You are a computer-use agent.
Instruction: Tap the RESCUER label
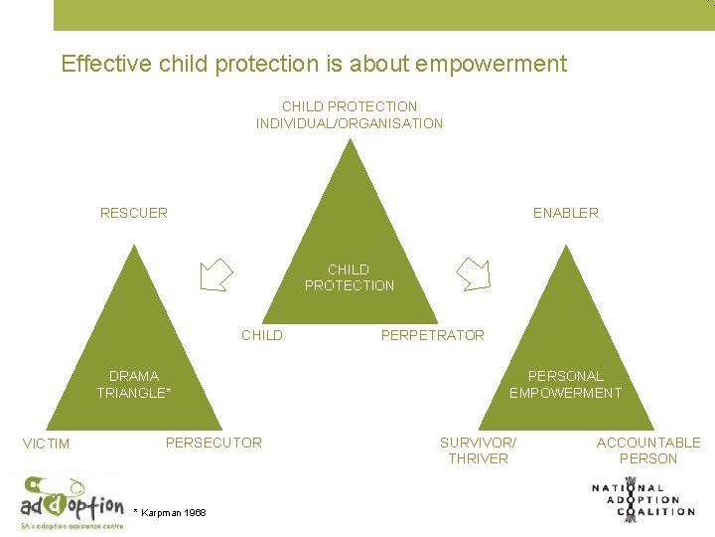[134, 213]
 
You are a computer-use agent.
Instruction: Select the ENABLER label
[565, 213]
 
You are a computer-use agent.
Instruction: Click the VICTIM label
[46, 444]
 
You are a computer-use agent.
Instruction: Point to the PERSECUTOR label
[214, 443]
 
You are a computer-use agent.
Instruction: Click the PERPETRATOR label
[433, 335]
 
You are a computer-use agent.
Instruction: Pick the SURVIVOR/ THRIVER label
[478, 450]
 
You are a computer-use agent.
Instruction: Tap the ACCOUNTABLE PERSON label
[647, 450]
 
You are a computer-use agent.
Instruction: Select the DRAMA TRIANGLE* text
[134, 384]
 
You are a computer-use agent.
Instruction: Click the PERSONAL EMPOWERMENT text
[565, 384]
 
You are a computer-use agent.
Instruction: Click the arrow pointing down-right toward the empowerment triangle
[473, 273]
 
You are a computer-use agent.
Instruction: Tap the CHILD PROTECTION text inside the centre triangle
[350, 277]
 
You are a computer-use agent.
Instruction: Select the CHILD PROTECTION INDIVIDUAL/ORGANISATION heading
[350, 114]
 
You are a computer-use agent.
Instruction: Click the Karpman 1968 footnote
[170, 512]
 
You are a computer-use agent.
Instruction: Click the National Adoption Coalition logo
[643, 498]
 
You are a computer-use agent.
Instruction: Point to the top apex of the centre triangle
[349, 142]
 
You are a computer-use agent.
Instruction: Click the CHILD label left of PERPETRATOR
[262, 335]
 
